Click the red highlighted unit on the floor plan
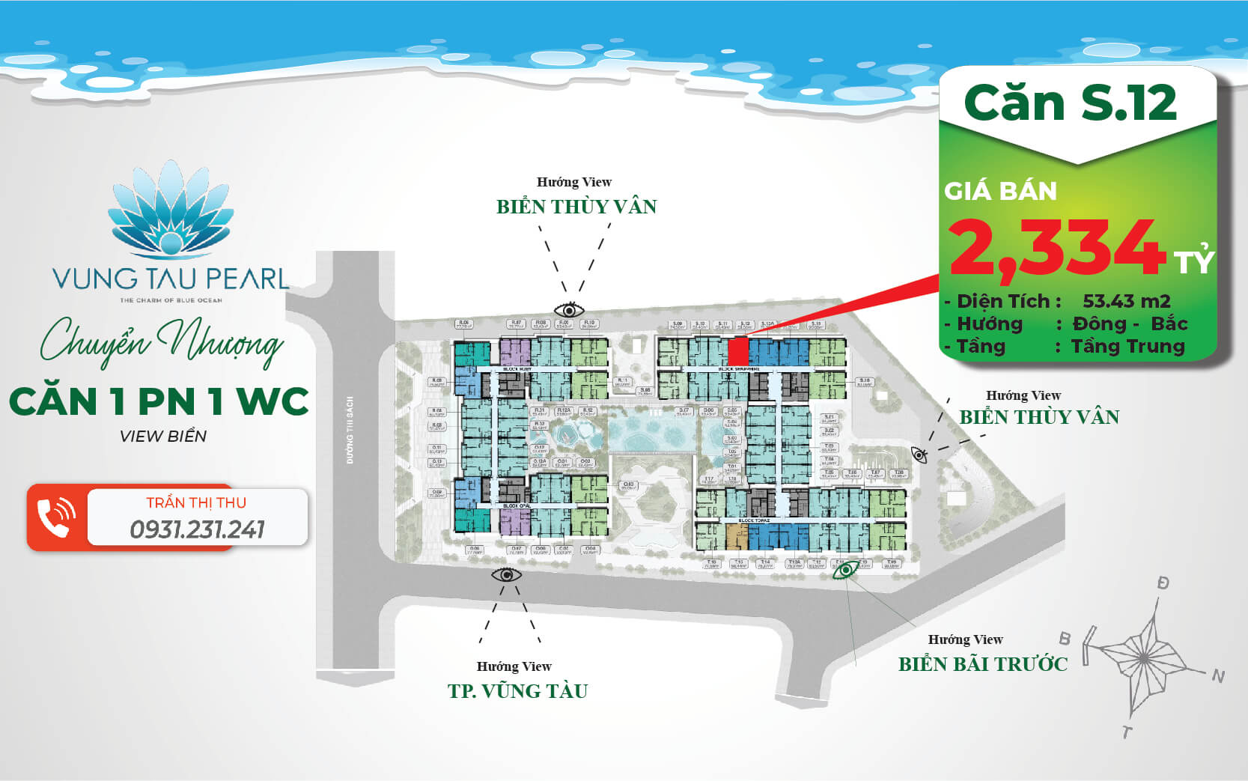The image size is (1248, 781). pyautogui.click(x=737, y=351)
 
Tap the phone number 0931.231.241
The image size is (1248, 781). pyautogui.click(x=197, y=529)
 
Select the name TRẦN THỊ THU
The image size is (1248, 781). pyautogui.click(x=196, y=502)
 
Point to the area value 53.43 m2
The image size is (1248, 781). pyautogui.click(x=1126, y=301)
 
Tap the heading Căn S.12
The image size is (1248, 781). pyautogui.click(x=1071, y=103)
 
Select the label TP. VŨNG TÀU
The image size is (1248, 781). pyautogui.click(x=518, y=690)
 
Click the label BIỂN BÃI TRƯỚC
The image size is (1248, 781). pyautogui.click(x=983, y=663)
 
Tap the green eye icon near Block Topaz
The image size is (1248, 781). pyautogui.click(x=846, y=571)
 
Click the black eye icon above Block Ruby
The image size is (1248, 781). pyautogui.click(x=569, y=310)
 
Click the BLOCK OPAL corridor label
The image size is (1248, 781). pyautogui.click(x=517, y=506)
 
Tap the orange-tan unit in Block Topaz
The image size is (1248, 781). pyautogui.click(x=737, y=536)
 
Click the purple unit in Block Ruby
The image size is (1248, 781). pyautogui.click(x=514, y=352)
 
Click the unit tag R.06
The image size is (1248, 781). pyautogui.click(x=464, y=324)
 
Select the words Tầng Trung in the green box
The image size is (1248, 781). pyautogui.click(x=1127, y=346)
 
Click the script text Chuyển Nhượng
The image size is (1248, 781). pyautogui.click(x=161, y=342)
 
